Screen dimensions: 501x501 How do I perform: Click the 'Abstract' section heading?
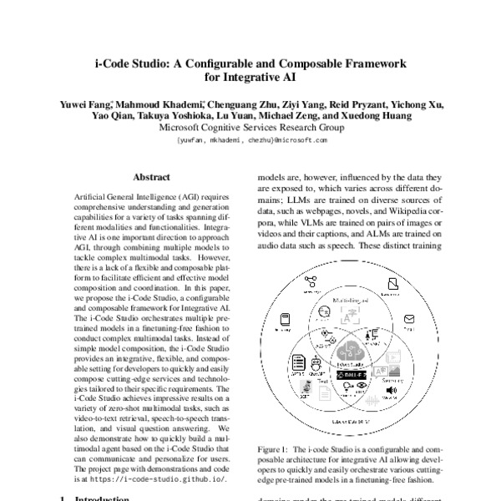coord(151,177)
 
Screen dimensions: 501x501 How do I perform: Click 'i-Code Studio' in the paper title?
coord(136,63)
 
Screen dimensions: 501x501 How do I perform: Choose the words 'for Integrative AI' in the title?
coord(250,78)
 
